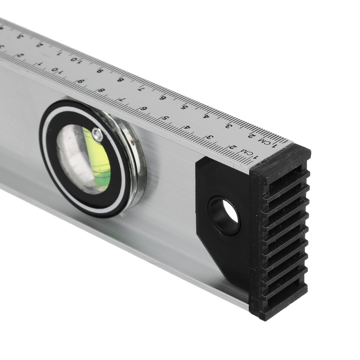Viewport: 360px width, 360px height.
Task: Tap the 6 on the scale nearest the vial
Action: (x=144, y=108)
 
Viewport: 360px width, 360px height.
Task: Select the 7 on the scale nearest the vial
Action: (x=122, y=99)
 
